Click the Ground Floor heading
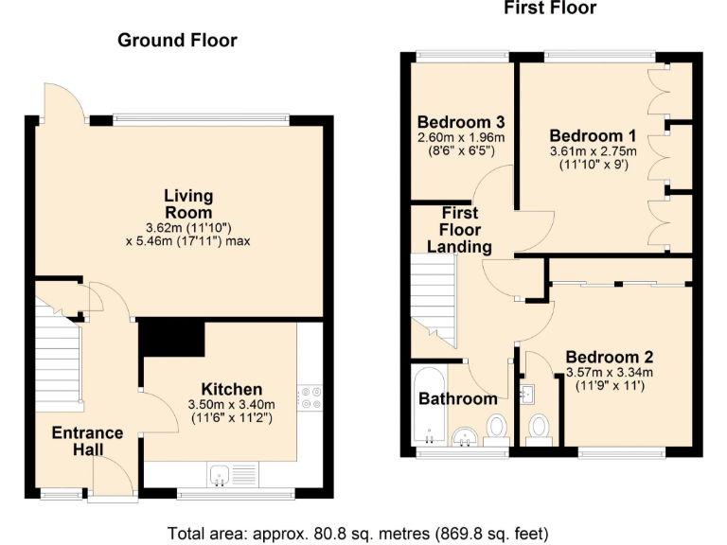pos(177,40)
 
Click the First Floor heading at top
pos(549,9)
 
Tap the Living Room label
pos(186,204)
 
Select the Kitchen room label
pos(232,389)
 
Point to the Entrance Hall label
pos(87,441)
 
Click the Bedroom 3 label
pos(460,122)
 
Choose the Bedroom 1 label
pos(593,134)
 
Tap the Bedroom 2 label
pos(610,357)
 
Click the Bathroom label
pos(458,398)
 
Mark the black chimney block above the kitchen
pos(172,339)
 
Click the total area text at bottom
pos(358,532)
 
